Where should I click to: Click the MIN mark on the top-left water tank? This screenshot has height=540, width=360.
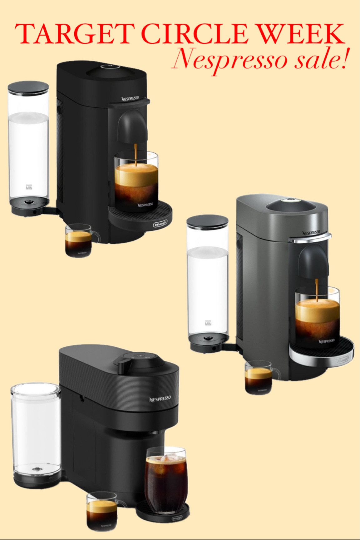(29, 187)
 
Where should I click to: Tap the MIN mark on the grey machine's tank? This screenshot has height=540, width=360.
(208, 323)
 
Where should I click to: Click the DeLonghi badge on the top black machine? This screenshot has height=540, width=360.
(160, 223)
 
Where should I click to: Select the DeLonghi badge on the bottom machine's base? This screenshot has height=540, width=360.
(177, 518)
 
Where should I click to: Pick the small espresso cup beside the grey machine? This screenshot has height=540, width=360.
(259, 377)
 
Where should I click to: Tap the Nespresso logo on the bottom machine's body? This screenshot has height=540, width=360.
(160, 399)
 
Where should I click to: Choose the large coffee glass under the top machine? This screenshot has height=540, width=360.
(137, 181)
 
